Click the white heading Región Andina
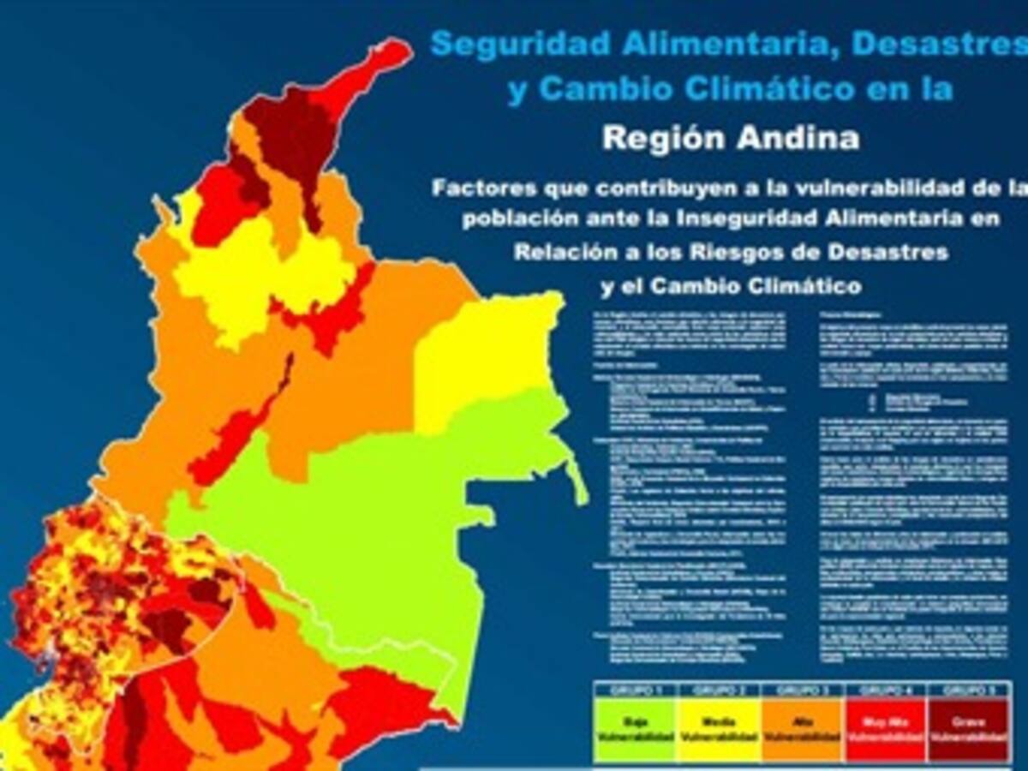pyautogui.click(x=731, y=138)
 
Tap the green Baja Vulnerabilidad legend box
pyautogui.click(x=635, y=728)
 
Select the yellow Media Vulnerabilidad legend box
pyautogui.click(x=718, y=728)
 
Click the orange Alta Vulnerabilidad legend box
pyautogui.click(x=802, y=728)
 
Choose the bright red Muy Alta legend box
pyautogui.click(x=886, y=728)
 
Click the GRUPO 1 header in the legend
pyautogui.click(x=635, y=690)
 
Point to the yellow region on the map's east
pyautogui.click(x=488, y=351)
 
